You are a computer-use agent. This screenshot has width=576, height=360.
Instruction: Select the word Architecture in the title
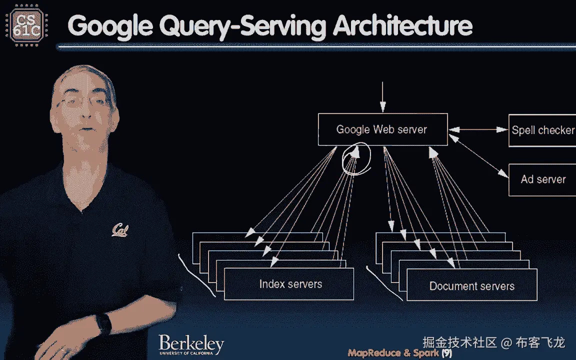402,26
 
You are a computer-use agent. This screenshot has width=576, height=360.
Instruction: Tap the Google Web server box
382,130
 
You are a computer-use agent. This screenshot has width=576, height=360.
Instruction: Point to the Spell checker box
542,130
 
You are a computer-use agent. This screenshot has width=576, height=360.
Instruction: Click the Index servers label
290,284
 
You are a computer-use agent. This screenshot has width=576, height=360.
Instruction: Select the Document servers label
471,286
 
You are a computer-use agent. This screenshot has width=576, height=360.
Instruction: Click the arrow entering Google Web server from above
382,97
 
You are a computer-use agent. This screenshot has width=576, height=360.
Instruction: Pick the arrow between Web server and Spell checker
478,130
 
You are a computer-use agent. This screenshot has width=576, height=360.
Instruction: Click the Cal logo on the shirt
121,229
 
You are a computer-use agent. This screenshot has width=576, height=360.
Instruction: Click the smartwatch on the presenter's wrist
103,324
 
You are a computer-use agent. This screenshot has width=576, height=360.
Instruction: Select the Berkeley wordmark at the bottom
191,345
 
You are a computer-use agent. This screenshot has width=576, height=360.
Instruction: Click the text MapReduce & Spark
393,353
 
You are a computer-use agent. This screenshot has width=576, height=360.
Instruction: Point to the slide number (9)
446,353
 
